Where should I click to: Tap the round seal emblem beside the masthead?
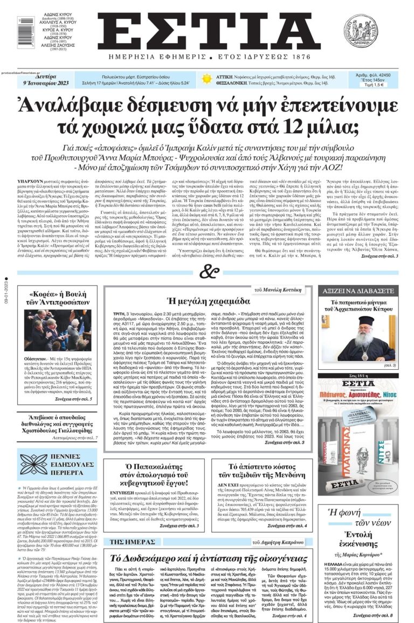click(360, 31)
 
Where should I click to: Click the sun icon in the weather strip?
click(206, 79)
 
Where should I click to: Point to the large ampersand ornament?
click(206, 272)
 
